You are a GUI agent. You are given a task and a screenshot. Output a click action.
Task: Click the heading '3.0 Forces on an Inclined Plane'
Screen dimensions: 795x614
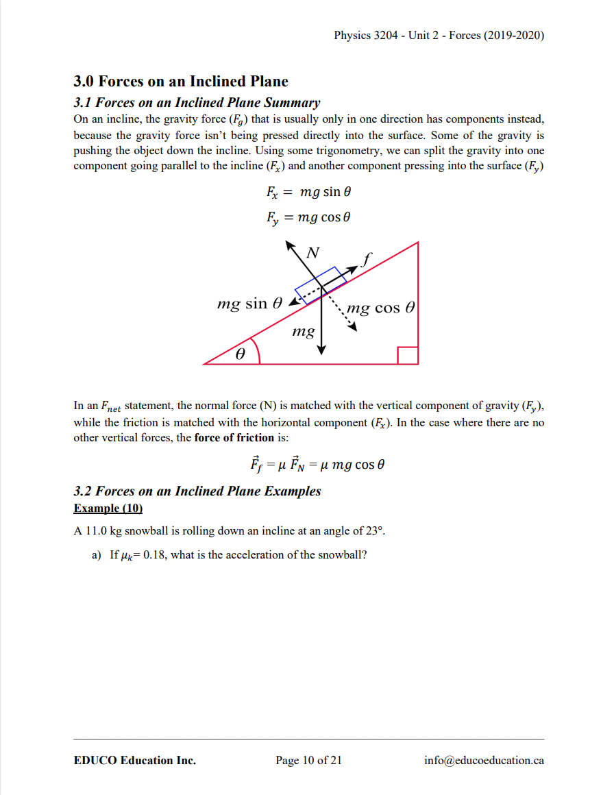tap(181, 82)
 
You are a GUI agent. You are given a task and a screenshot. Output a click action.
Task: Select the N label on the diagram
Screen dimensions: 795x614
tap(312, 253)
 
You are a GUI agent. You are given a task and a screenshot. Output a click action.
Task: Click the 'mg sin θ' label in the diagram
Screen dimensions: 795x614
tap(249, 303)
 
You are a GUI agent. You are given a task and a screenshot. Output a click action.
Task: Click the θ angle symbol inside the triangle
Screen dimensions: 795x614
tap(240, 355)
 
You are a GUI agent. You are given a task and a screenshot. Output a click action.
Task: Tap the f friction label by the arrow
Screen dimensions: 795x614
tap(368, 259)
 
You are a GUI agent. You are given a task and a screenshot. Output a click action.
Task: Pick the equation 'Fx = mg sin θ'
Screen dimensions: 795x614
tap(309, 192)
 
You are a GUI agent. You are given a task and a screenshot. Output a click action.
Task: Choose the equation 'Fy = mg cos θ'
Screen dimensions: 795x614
tap(308, 218)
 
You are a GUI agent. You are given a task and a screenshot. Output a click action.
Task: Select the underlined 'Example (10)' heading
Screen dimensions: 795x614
tap(108, 509)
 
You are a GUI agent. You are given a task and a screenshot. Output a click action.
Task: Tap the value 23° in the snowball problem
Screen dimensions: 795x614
tap(382, 530)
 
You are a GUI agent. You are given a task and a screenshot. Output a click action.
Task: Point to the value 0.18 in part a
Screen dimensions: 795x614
tap(151, 555)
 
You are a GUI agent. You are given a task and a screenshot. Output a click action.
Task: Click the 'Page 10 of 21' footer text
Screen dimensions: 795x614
tap(308, 760)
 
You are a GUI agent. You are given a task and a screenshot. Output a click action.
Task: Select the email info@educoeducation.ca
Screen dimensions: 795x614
tap(484, 760)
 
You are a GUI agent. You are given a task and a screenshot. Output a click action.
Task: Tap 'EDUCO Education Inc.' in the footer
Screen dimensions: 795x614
tap(134, 760)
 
